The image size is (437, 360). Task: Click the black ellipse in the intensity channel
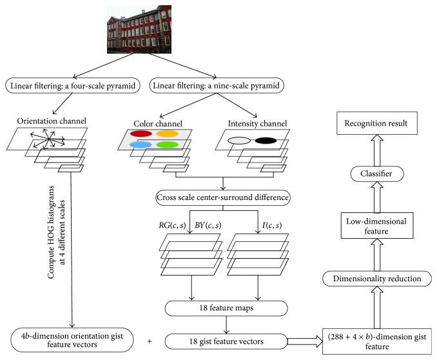[265, 140]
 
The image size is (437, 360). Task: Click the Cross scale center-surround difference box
[222, 197]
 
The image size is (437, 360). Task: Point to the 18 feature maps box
[222, 308]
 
